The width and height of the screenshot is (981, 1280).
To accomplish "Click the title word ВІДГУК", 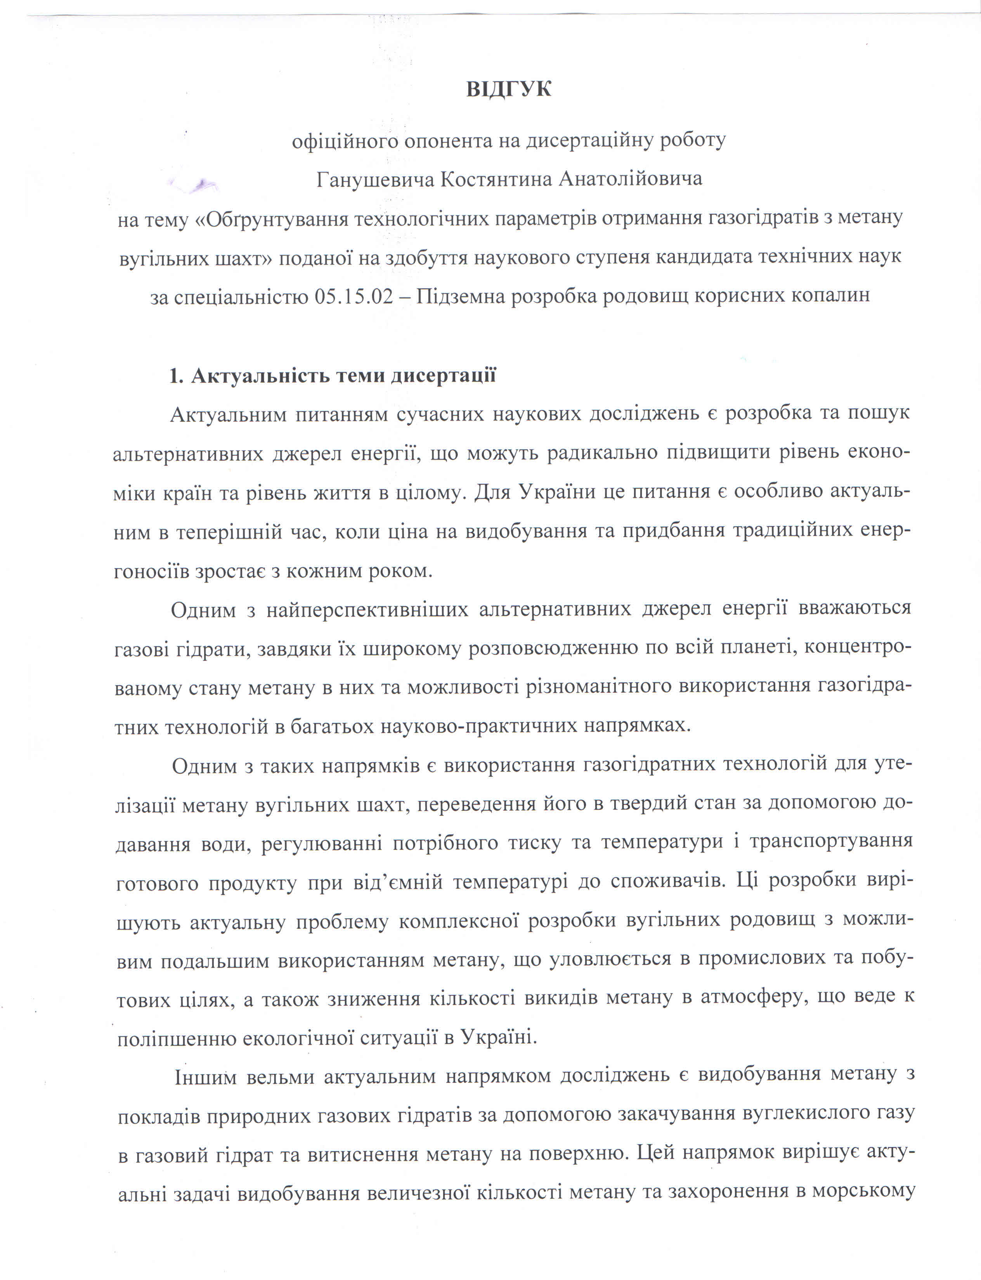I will click(x=508, y=89).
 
